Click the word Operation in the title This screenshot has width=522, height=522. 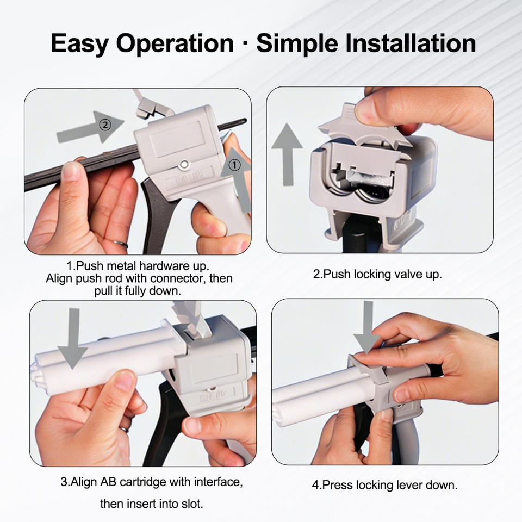(175, 44)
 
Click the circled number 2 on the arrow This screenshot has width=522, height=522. (105, 125)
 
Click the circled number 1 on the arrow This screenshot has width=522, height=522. (235, 165)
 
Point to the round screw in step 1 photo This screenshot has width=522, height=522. (183, 164)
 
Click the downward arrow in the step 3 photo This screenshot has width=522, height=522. (73, 339)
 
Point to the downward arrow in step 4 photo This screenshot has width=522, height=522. (367, 328)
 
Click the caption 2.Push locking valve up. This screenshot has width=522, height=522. (377, 274)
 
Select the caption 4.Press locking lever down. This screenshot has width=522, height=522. (384, 484)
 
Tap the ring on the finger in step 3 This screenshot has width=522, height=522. (124, 429)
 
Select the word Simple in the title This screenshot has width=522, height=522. (297, 44)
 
